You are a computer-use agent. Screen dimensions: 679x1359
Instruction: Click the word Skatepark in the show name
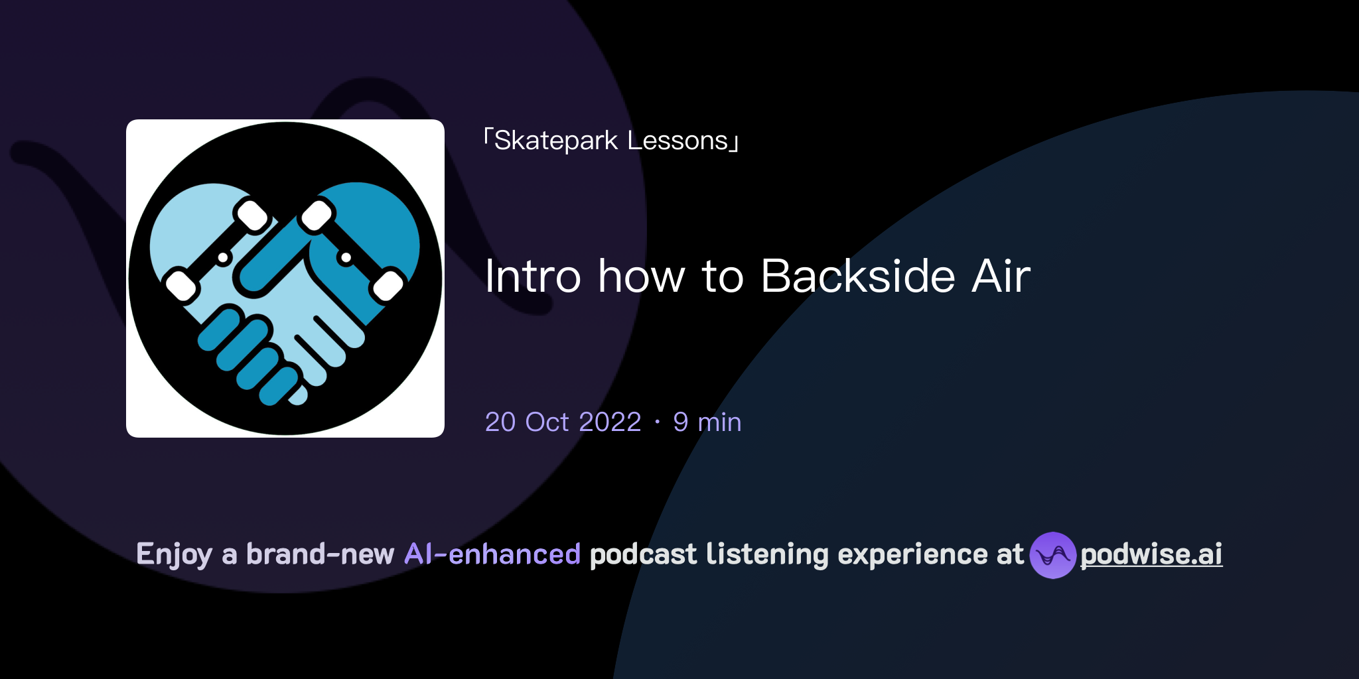pyautogui.click(x=556, y=141)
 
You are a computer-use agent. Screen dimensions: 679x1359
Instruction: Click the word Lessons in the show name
pyautogui.click(x=678, y=141)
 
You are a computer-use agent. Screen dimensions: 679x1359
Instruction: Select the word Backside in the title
pyautogui.click(x=858, y=276)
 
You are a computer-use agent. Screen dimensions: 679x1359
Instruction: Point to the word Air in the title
pyautogui.click(x=1001, y=276)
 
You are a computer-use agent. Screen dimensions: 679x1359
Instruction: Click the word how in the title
pyautogui.click(x=641, y=276)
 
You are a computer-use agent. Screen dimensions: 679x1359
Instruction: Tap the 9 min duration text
pyautogui.click(x=707, y=422)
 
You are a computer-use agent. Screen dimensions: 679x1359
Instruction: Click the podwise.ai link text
pyautogui.click(x=1151, y=554)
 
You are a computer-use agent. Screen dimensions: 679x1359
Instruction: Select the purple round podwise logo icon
pyautogui.click(x=1052, y=555)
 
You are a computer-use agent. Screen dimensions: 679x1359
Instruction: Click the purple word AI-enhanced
pyautogui.click(x=492, y=554)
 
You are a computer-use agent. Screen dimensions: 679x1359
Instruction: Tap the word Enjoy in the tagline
pyautogui.click(x=174, y=554)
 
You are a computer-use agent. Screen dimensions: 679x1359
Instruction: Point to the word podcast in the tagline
pyautogui.click(x=643, y=554)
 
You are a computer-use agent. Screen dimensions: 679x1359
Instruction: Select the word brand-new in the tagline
pyautogui.click(x=320, y=554)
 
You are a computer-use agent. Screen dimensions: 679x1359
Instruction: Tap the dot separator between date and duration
pyautogui.click(x=657, y=422)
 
